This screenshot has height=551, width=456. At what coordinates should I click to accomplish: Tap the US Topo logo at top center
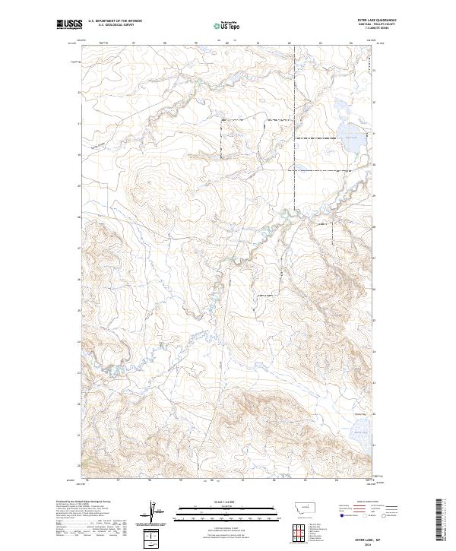(227, 25)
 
